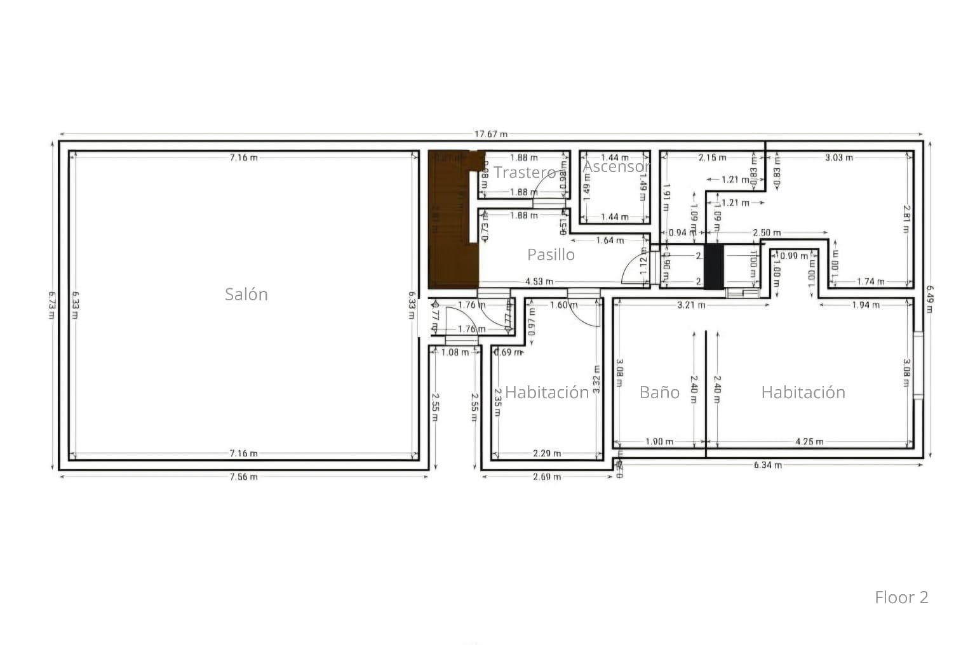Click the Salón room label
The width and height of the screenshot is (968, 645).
(246, 294)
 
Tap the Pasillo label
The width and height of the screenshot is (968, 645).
(551, 255)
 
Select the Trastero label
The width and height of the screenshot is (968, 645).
(525, 172)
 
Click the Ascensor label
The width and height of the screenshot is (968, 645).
(616, 166)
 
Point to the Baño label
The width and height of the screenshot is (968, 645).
(659, 392)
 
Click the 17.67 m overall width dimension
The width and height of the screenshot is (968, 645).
(491, 134)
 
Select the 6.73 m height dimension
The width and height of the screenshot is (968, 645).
(51, 305)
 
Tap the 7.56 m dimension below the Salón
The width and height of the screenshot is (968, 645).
(243, 477)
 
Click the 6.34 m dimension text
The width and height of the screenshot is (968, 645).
(768, 465)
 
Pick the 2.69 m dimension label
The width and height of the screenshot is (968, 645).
(547, 477)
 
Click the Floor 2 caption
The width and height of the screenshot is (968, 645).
(901, 597)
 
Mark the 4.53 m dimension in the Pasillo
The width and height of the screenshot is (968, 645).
(539, 281)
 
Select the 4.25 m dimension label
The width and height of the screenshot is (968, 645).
(809, 441)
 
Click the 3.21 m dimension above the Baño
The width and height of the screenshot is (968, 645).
(691, 305)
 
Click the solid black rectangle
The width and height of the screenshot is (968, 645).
(713, 267)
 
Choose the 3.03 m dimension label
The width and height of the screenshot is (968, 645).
(838, 157)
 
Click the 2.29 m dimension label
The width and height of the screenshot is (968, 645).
(547, 453)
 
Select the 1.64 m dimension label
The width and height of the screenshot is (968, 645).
(610, 240)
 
